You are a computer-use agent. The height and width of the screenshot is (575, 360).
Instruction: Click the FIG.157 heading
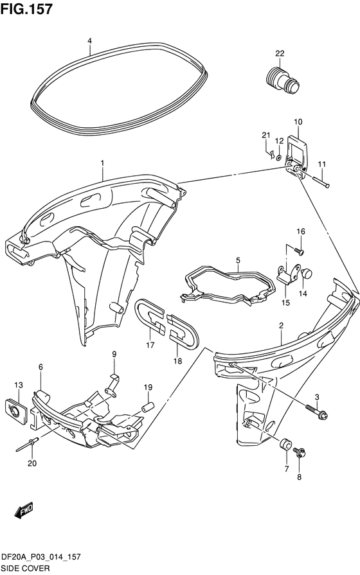point(26,9)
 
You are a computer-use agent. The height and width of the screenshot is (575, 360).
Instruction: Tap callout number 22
point(280,53)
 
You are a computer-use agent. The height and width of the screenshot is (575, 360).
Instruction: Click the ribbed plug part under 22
point(282,80)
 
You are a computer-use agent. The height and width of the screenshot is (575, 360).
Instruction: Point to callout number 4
point(89,40)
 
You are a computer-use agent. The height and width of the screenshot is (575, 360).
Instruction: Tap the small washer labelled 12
point(278,157)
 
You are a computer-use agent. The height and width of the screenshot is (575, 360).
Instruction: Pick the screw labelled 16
point(300,251)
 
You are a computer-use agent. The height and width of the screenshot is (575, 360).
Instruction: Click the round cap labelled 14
point(306,274)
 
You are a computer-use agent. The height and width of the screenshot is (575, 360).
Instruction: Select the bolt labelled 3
point(316,411)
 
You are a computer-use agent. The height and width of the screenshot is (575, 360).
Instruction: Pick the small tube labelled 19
point(148,407)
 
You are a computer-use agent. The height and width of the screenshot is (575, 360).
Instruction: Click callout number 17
point(150,345)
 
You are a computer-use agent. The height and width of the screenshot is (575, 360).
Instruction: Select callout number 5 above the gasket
point(238,260)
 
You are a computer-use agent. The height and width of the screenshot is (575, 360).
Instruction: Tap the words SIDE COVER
point(25,569)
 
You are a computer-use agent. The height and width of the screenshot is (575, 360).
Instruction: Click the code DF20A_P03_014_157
point(41,558)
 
